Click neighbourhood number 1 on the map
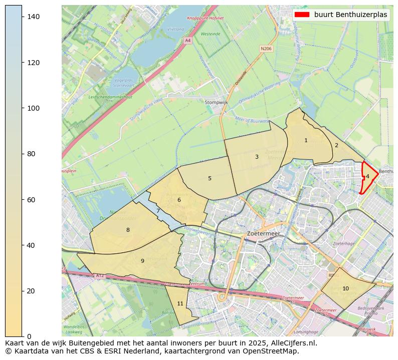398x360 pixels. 306,141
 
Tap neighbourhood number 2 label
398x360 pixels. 336,146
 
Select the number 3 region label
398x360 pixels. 257,157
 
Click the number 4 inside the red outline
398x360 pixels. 367,176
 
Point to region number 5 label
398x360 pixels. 210,179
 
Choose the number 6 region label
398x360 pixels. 179,200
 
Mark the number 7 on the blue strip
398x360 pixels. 158,211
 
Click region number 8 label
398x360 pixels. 128,230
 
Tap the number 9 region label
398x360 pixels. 142,261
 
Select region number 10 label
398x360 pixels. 345,289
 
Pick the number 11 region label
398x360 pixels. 180,304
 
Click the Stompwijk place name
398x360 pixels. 216,103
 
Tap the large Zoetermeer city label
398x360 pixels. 264,234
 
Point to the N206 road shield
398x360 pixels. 266,49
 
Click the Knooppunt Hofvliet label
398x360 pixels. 205,18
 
